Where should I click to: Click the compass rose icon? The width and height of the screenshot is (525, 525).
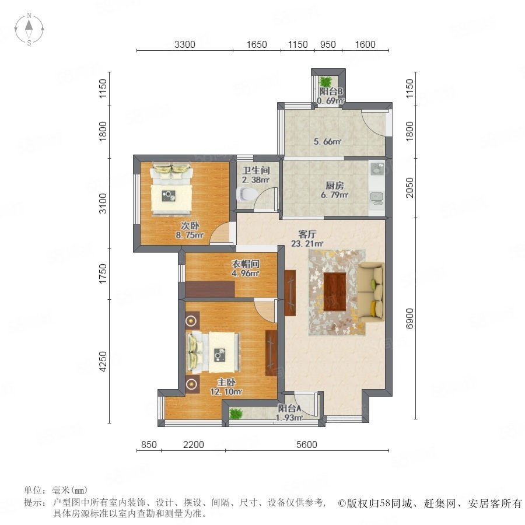pos(29,29)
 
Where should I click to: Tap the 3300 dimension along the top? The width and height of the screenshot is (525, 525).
pos(184,44)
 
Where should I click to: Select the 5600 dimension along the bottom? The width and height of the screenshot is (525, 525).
pos(307,444)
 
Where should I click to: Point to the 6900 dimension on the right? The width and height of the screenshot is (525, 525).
pos(409,318)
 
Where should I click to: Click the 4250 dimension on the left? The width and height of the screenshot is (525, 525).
pos(103,361)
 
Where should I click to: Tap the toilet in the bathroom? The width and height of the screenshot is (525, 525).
pos(245,194)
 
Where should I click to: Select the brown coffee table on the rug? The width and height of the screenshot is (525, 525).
pos(335,292)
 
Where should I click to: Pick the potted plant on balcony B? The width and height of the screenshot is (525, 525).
pos(325,81)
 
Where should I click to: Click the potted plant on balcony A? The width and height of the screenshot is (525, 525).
pos(236,413)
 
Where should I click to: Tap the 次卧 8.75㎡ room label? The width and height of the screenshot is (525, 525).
pos(190,230)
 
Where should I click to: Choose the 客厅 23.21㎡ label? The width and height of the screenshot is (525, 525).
pos(307,239)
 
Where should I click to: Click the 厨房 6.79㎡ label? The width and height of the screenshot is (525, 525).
pos(334,190)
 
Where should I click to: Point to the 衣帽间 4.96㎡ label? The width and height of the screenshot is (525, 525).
pos(246,268)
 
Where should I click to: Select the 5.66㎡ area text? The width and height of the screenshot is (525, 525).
pos(327,141)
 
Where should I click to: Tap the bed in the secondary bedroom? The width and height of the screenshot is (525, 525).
pos(171,189)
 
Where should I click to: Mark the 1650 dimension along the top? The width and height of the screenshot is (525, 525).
pos(257,44)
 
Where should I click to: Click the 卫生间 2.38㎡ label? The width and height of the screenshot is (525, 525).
pos(256,175)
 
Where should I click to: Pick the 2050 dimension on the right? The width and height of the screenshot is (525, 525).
pos(409,187)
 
